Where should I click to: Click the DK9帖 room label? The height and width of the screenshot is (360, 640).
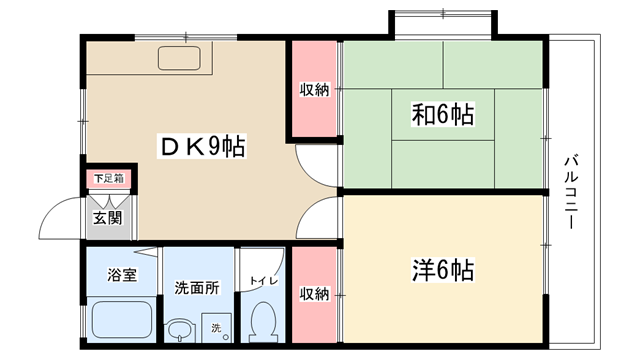coord(202,146)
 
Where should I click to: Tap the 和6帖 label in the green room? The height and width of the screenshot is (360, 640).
coord(443,114)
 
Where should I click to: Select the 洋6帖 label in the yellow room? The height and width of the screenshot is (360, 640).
coord(443,270)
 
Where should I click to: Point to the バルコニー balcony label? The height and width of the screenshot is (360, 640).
coord(571,192)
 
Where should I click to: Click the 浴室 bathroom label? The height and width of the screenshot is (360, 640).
coord(122,274)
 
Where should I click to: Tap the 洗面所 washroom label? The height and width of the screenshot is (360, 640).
coord(197,288)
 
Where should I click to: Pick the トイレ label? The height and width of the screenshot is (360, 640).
coord(264,281)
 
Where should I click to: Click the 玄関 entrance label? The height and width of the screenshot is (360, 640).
coord(107,218)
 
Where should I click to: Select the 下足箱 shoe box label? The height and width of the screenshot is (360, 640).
coord(109,178)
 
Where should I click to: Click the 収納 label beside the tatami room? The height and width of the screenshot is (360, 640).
coord(314,89)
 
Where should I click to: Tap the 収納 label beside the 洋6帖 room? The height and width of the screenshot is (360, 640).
coord(314,293)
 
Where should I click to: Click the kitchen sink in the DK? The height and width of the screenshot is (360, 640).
coord(180,58)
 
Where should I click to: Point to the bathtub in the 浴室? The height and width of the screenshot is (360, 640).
coord(122,320)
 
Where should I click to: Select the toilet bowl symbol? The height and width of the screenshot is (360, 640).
coord(263,322)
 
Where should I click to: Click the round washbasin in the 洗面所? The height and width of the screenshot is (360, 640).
coord(180,330)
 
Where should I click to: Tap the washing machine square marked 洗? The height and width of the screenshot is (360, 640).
coord(216,327)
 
